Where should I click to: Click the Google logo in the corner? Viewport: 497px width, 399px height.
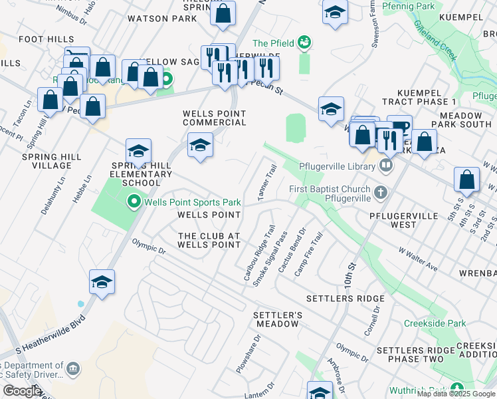(x=22, y=391)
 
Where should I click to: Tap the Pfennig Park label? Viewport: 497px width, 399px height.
(x=413, y=7)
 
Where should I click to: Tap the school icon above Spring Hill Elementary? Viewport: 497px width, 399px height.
(x=138, y=151)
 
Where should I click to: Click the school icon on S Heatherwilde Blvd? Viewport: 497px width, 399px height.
(x=102, y=282)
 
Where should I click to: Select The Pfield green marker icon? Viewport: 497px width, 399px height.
(x=305, y=43)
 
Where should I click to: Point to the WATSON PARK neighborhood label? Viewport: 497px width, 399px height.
(x=162, y=19)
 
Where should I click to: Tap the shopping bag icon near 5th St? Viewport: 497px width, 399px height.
(x=467, y=179)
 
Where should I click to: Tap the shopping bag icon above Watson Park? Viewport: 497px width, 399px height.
(x=223, y=13)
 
